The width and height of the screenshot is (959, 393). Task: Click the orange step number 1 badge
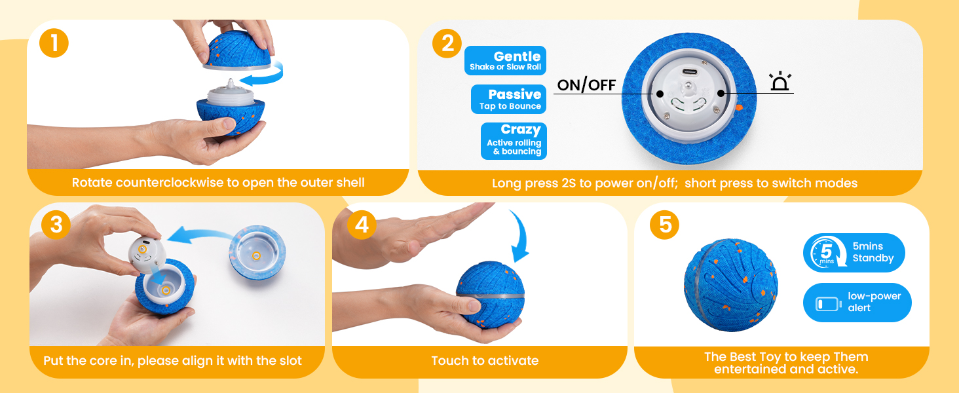pyautogui.click(x=54, y=43)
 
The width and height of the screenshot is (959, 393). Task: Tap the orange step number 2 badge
pyautogui.click(x=447, y=43)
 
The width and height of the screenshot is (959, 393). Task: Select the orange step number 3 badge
pyautogui.click(x=56, y=225)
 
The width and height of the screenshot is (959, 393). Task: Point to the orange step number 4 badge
pyautogui.click(x=362, y=225)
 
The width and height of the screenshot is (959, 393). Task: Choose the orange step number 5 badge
pyautogui.click(x=664, y=225)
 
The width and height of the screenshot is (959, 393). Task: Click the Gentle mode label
pyautogui.click(x=505, y=60)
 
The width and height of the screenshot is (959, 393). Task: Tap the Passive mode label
pyautogui.click(x=508, y=99)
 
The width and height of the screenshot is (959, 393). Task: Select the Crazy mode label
pyautogui.click(x=514, y=141)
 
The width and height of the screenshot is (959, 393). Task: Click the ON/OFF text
pyautogui.click(x=586, y=84)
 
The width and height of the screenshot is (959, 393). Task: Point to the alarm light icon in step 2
pyautogui.click(x=780, y=81)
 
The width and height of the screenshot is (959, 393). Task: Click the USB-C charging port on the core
pyautogui.click(x=689, y=72)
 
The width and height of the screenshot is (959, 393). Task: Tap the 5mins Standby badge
pyautogui.click(x=854, y=253)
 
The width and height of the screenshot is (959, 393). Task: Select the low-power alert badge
pyautogui.click(x=857, y=302)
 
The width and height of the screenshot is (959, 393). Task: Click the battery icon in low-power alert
pyautogui.click(x=829, y=304)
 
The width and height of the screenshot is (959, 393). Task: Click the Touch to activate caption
pyautogui.click(x=485, y=360)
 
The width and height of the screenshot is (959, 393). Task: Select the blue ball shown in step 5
pyautogui.click(x=731, y=285)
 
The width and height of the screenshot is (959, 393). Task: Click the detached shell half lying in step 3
pyautogui.click(x=257, y=252)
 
